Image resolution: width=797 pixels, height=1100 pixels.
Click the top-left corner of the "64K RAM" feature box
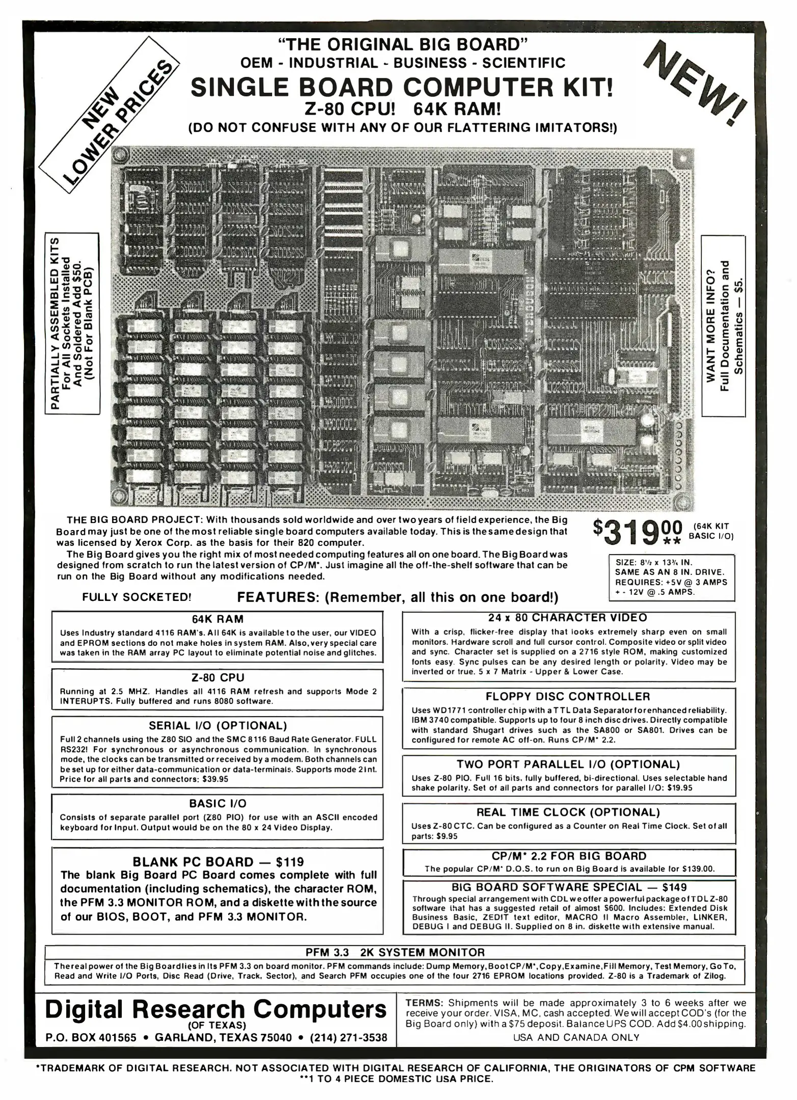52,611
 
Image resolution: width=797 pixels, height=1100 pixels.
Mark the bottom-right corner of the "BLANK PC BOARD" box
383,934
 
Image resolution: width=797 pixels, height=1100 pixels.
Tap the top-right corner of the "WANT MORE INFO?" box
746,235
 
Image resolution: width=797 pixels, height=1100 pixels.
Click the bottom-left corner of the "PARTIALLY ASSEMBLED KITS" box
46,416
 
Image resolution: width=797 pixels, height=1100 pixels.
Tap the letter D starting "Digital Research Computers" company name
57,1009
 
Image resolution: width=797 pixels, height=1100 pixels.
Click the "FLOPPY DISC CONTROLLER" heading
568,696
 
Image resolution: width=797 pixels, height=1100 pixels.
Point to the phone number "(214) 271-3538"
349,1038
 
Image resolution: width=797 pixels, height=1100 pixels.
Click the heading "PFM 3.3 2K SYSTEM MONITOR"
395,952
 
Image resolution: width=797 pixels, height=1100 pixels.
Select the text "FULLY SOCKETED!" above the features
136,597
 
